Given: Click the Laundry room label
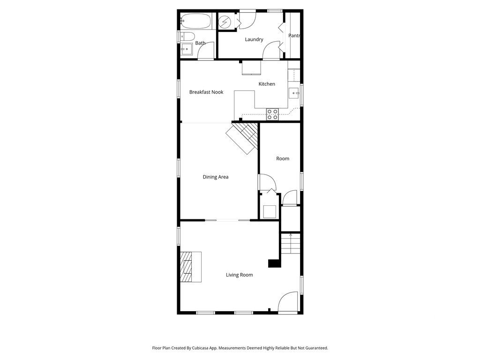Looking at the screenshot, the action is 254,39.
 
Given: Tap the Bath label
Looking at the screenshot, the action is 200,43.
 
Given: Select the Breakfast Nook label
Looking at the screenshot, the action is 206,92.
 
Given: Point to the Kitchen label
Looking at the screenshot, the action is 267,84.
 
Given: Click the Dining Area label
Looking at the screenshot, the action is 216,177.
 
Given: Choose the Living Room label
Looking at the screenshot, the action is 240,275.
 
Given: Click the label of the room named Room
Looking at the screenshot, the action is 283,158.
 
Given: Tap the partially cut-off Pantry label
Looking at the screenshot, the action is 294,36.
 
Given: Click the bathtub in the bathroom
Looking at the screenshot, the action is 195,21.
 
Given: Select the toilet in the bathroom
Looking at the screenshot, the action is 187,37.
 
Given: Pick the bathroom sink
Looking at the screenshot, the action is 186,49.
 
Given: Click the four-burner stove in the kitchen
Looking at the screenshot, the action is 272,114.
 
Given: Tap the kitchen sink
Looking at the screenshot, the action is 294,93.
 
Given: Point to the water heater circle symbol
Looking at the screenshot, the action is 225,22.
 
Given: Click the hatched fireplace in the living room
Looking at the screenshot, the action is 186,267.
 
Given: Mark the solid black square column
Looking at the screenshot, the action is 275,263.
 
